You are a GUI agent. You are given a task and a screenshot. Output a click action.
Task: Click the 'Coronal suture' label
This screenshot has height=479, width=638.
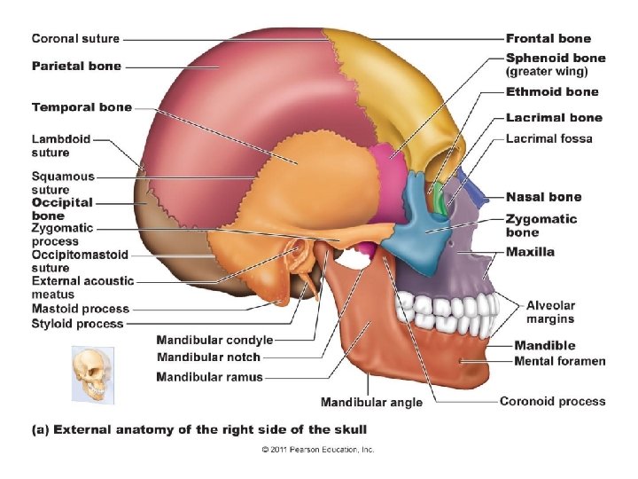[75, 39]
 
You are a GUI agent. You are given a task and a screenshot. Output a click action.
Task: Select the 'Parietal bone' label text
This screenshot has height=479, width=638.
[76, 66]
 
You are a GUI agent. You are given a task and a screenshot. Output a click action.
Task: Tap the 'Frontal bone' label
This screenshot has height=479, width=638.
[548, 39]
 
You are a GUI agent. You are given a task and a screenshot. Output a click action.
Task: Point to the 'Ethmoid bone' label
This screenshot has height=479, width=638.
[551, 91]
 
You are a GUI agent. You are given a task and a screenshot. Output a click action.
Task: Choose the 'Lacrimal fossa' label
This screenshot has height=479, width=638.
[549, 138]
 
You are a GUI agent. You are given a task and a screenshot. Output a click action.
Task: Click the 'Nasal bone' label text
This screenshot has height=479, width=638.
[543, 197]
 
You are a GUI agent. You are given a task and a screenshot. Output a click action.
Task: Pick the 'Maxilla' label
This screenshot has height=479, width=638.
[530, 252]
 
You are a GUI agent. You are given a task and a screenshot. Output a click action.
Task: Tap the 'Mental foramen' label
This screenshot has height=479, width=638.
[559, 361]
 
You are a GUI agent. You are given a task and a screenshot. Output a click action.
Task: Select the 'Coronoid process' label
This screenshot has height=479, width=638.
[552, 401]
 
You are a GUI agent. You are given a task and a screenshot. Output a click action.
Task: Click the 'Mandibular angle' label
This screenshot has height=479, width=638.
[371, 402]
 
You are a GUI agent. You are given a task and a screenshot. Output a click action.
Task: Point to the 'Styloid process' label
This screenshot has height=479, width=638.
[78, 325]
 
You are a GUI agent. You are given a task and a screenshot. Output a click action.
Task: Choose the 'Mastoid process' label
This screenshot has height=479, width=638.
[80, 309]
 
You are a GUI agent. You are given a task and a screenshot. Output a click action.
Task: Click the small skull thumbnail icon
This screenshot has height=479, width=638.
[89, 373]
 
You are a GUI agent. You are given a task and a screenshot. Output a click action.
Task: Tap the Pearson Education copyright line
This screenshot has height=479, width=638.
[318, 450]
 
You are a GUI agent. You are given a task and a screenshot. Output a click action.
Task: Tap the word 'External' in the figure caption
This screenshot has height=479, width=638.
[83, 429]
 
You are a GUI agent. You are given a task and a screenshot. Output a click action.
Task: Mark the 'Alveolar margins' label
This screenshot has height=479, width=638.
[549, 312]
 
